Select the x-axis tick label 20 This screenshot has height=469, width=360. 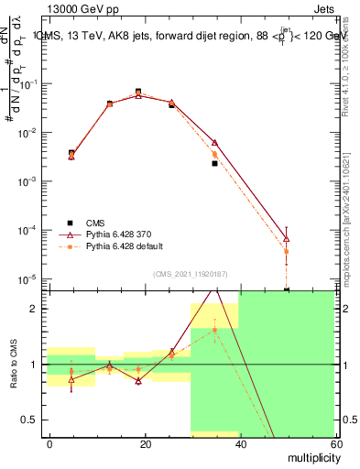pyautogui.click(x=145, y=442)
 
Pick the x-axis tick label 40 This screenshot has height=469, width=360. pyautogui.click(x=239, y=442)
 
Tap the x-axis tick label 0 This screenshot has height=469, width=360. pyautogui.click(x=50, y=442)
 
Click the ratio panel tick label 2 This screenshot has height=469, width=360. pyautogui.click(x=34, y=309)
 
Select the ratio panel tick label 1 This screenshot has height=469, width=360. pyautogui.click(x=34, y=365)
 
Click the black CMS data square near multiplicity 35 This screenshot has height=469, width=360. pyautogui.click(x=214, y=163)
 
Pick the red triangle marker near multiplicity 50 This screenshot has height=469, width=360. pyautogui.click(x=287, y=239)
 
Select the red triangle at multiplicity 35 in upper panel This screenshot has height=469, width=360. pyautogui.click(x=214, y=143)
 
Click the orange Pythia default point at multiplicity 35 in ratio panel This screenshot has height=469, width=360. pyautogui.click(x=214, y=331)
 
